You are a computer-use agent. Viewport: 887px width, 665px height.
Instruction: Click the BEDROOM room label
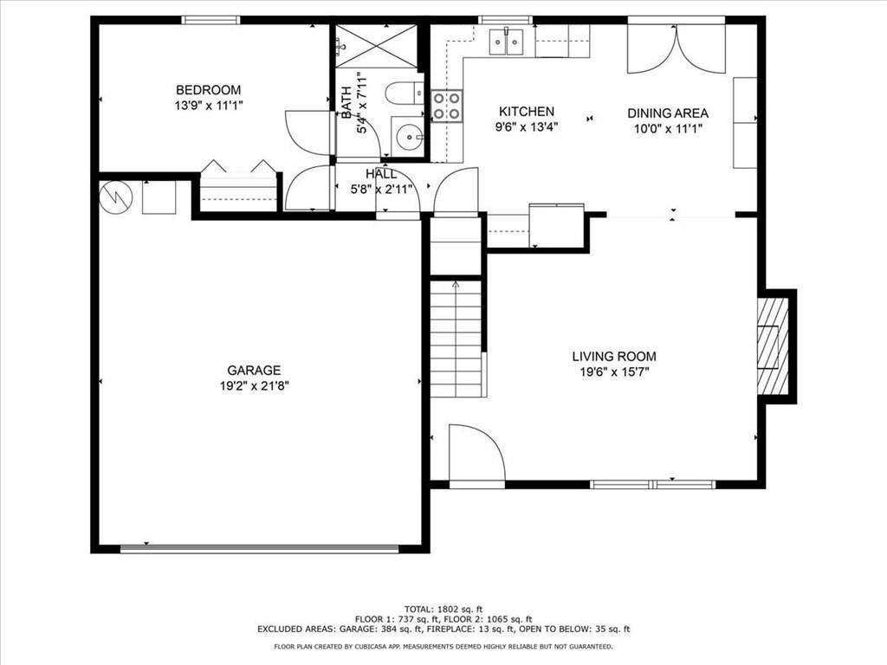208,90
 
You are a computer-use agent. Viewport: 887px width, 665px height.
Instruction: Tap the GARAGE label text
254,371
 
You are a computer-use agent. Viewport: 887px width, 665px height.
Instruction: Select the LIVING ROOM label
614,356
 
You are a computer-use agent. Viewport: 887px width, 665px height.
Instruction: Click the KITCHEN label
527,112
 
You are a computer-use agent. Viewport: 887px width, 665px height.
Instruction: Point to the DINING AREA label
668,113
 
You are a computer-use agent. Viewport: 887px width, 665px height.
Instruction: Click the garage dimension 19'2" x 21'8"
255,387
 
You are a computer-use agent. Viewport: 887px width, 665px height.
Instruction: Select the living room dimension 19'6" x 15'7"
615,372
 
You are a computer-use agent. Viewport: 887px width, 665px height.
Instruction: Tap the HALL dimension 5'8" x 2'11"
382,190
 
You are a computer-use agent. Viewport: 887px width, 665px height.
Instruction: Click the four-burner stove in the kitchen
447,107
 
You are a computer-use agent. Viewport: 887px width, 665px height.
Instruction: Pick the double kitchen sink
507,42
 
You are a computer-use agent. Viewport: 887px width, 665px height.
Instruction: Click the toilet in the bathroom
405,94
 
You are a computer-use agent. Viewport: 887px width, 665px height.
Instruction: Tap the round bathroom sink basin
408,136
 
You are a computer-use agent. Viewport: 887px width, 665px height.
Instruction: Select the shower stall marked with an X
376,46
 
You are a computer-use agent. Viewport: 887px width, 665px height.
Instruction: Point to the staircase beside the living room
456,339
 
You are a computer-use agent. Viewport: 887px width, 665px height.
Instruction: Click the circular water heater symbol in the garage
116,197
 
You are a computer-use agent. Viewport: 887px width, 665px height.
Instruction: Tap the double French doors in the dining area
676,49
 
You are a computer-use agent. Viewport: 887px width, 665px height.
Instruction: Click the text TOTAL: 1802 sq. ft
443,609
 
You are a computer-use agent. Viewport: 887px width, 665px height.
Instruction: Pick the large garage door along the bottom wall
260,548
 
